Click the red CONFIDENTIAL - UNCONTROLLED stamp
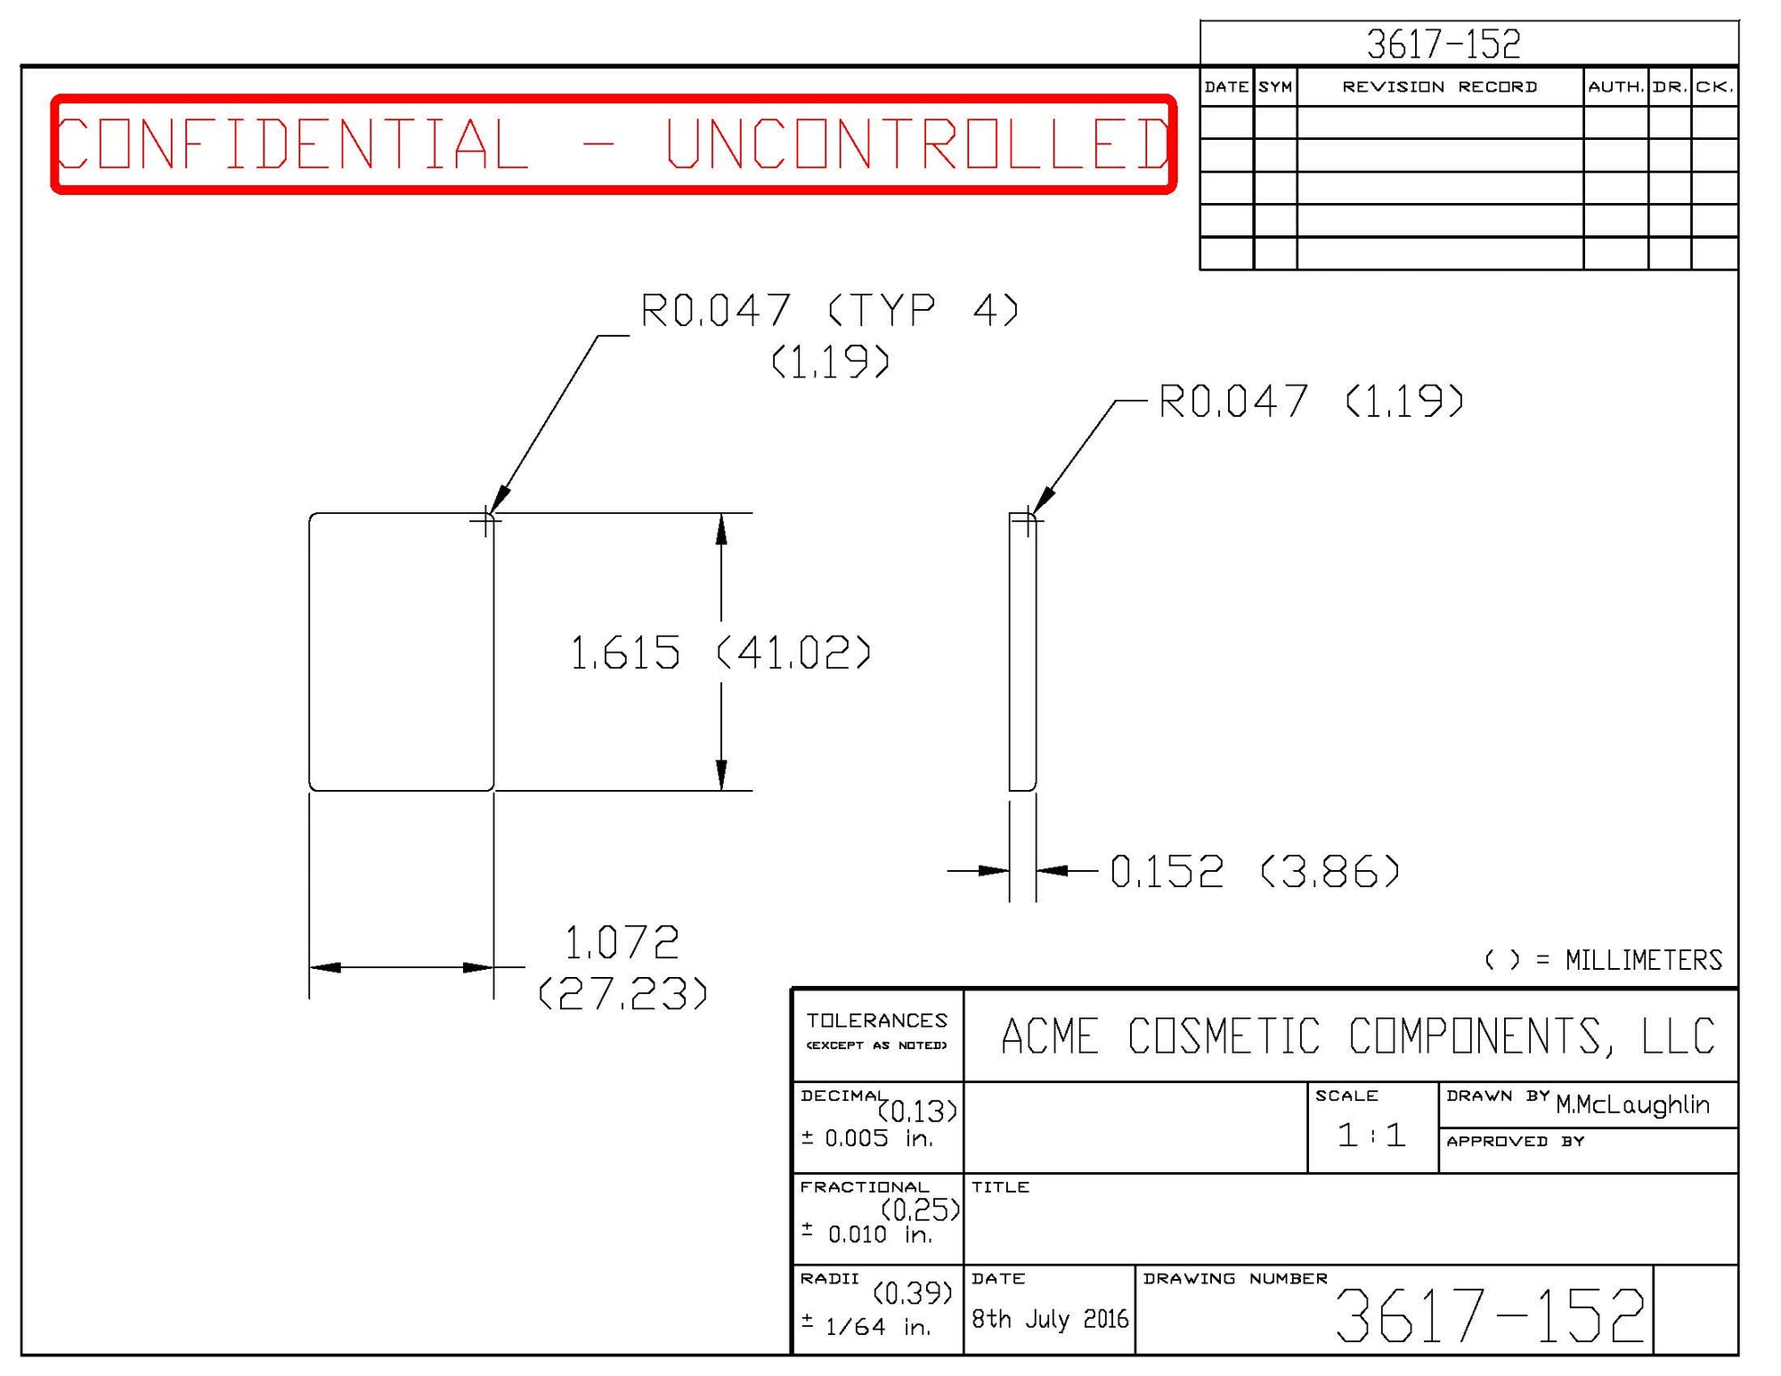[x=614, y=143]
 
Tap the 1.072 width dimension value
[x=622, y=942]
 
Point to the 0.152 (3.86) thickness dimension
[x=1254, y=871]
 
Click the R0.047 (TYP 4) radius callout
[x=829, y=311]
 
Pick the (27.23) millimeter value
[x=623, y=994]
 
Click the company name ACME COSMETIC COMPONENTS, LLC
[x=1357, y=1036]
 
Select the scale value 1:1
[x=1371, y=1135]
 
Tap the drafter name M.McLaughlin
[x=1632, y=1104]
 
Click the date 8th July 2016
[x=1049, y=1318]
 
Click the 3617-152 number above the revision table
[x=1443, y=44]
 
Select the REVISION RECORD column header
[x=1439, y=87]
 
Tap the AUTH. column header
[x=1615, y=87]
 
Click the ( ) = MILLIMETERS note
[x=1603, y=960]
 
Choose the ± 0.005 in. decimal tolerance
[x=867, y=1138]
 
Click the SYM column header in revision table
[x=1275, y=87]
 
